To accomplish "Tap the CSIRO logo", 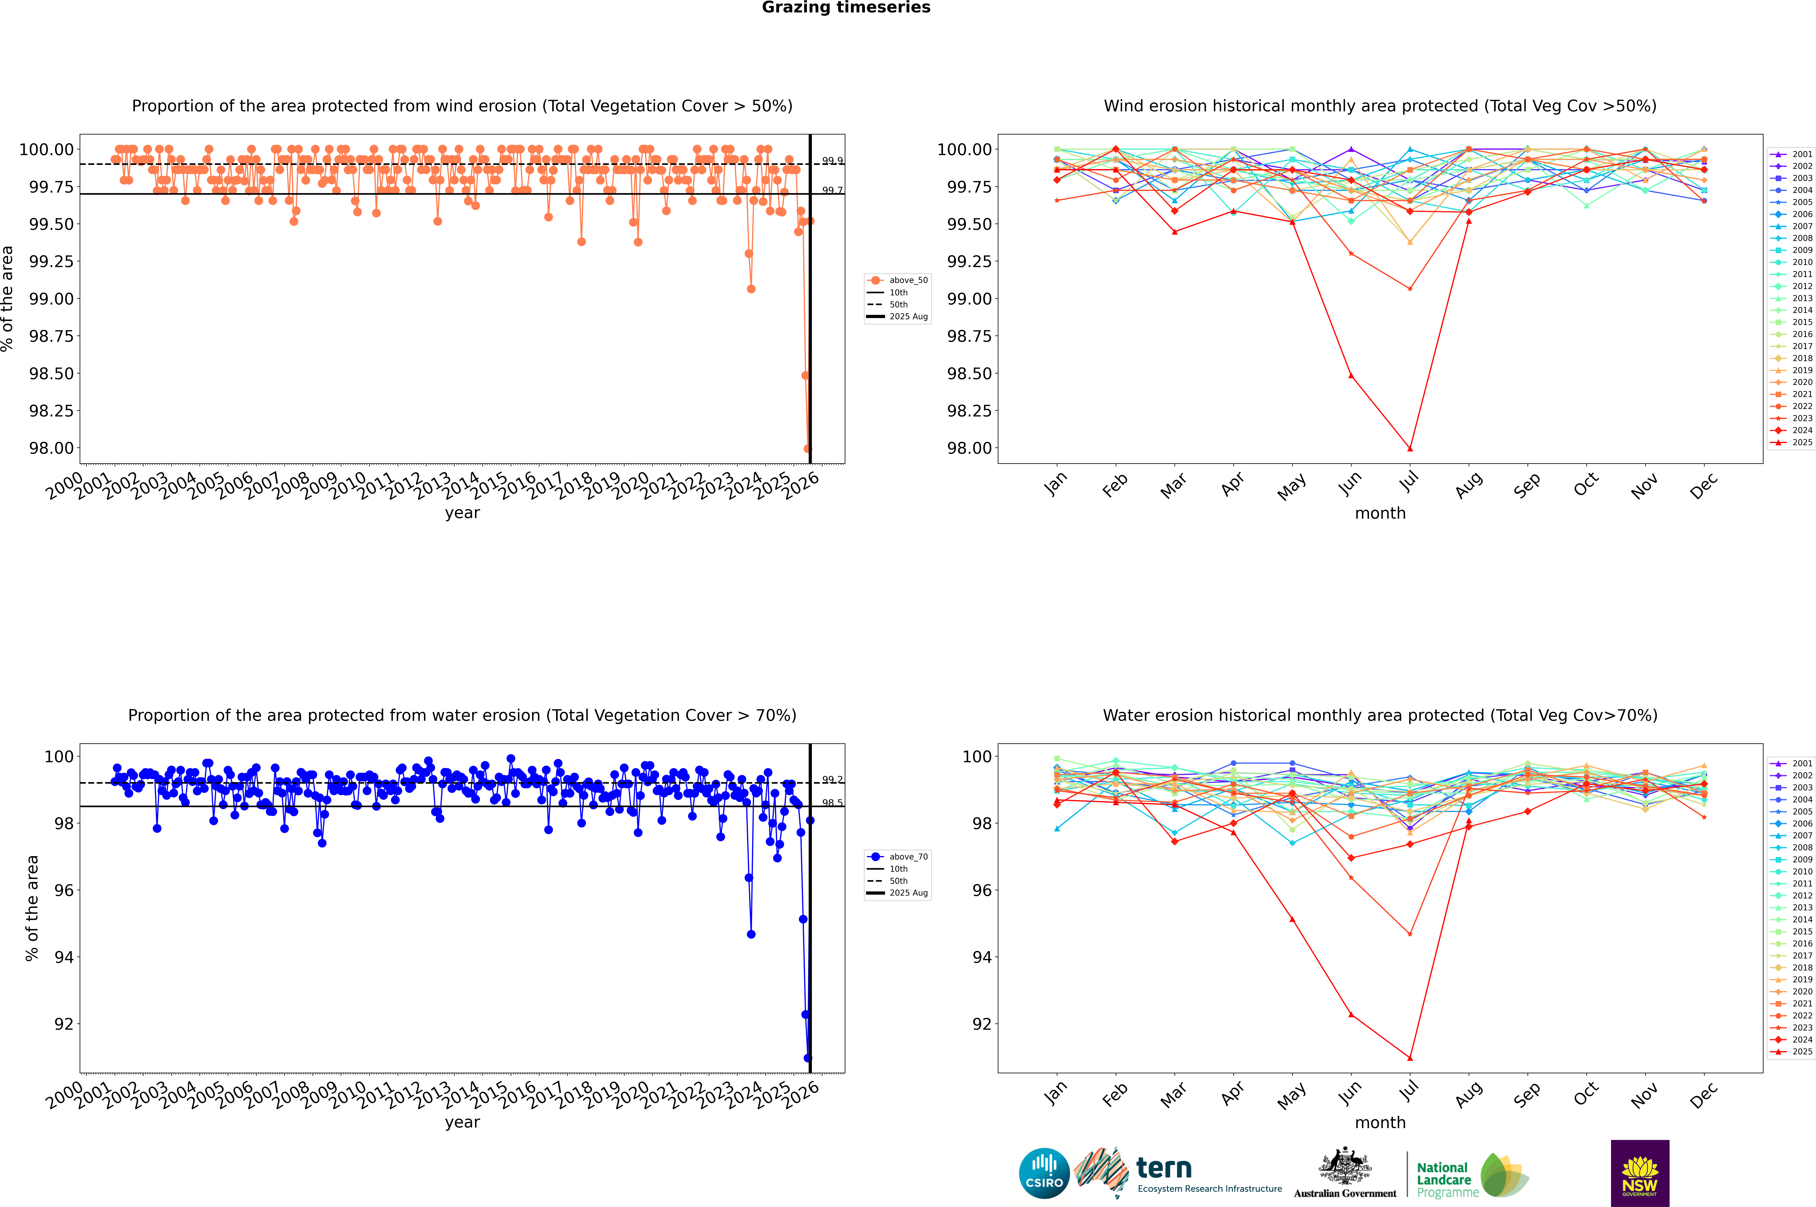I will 1044,1173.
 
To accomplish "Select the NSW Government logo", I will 1640,1173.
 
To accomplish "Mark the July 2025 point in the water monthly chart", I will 1409,1058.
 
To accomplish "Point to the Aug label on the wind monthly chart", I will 1468,485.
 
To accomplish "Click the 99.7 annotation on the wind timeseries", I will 832,190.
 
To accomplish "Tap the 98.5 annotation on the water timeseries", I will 832,803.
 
